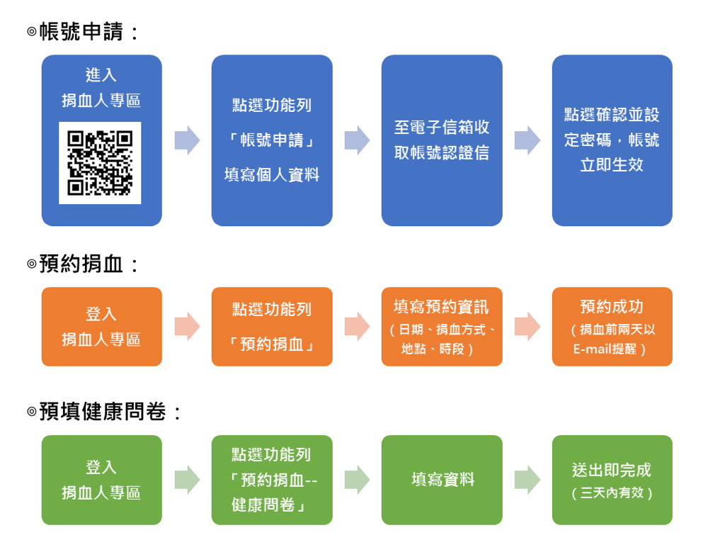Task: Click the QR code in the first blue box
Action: pos(100,163)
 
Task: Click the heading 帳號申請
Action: pos(84,32)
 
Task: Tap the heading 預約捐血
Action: pos(84,264)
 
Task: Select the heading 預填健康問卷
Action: pos(104,412)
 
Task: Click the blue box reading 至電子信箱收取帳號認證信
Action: pos(442,140)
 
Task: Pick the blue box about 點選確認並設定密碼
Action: pos(612,140)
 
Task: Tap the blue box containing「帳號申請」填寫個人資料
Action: pos(272,140)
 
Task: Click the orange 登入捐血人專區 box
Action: pos(101,327)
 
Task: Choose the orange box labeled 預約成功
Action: pos(612,327)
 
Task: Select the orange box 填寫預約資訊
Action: pos(442,327)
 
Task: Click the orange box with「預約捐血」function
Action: pos(272,327)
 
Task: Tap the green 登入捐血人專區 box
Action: pos(101,480)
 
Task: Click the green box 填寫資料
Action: pos(442,480)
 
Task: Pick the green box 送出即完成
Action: pos(612,480)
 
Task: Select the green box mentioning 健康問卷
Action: pos(272,480)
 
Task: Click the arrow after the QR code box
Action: pos(187,140)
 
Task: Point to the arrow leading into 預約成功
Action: pos(527,327)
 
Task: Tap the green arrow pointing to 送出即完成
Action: pos(527,480)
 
